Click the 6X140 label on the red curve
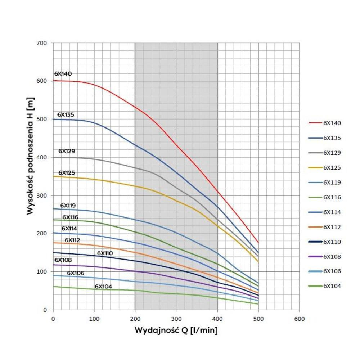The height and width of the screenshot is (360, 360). pyautogui.click(x=63, y=74)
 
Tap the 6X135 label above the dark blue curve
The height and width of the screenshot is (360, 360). pyautogui.click(x=66, y=115)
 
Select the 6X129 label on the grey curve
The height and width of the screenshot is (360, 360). pyautogui.click(x=67, y=151)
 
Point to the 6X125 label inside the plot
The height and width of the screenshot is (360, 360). pyautogui.click(x=67, y=173)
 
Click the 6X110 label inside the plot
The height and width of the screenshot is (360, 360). pyautogui.click(x=105, y=253)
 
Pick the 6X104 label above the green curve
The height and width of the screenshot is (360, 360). pyautogui.click(x=103, y=287)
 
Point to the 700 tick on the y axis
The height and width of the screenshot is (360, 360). pyautogui.click(x=42, y=43)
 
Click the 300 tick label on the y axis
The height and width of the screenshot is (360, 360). pyautogui.click(x=42, y=195)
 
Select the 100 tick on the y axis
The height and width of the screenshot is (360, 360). pyautogui.click(x=42, y=272)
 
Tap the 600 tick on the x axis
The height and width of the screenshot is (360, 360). pyautogui.click(x=299, y=319)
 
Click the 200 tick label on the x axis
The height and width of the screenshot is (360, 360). pyautogui.click(x=135, y=319)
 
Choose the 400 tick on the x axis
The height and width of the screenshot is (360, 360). pyautogui.click(x=217, y=319)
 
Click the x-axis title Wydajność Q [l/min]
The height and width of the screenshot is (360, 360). pyautogui.click(x=176, y=330)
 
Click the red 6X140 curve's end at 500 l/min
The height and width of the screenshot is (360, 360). pyautogui.click(x=258, y=242)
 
